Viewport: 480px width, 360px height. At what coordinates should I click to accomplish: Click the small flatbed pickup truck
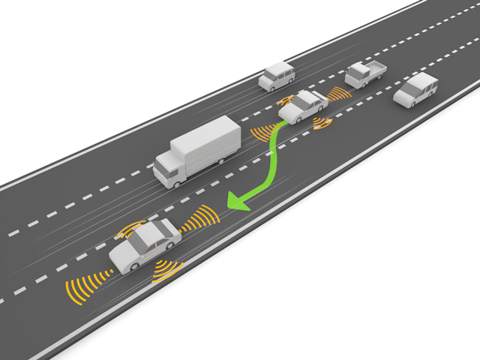pos(364,73)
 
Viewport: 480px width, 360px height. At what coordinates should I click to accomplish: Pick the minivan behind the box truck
pos(277,76)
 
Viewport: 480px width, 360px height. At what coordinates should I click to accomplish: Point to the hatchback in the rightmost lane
pos(415,90)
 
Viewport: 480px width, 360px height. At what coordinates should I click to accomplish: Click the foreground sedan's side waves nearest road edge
pos(166,271)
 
